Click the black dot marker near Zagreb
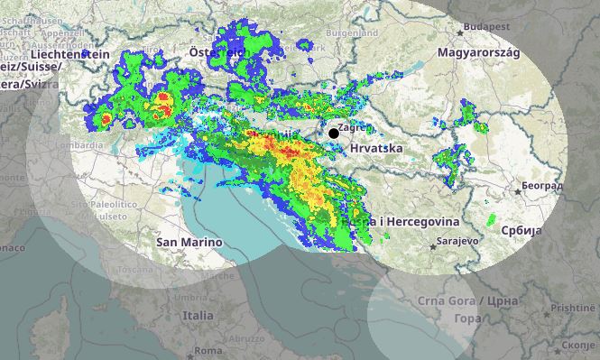334,134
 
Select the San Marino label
189,242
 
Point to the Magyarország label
478,52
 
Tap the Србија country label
520,231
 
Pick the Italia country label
198,316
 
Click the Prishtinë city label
574,308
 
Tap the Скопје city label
577,344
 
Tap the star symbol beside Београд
517,190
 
